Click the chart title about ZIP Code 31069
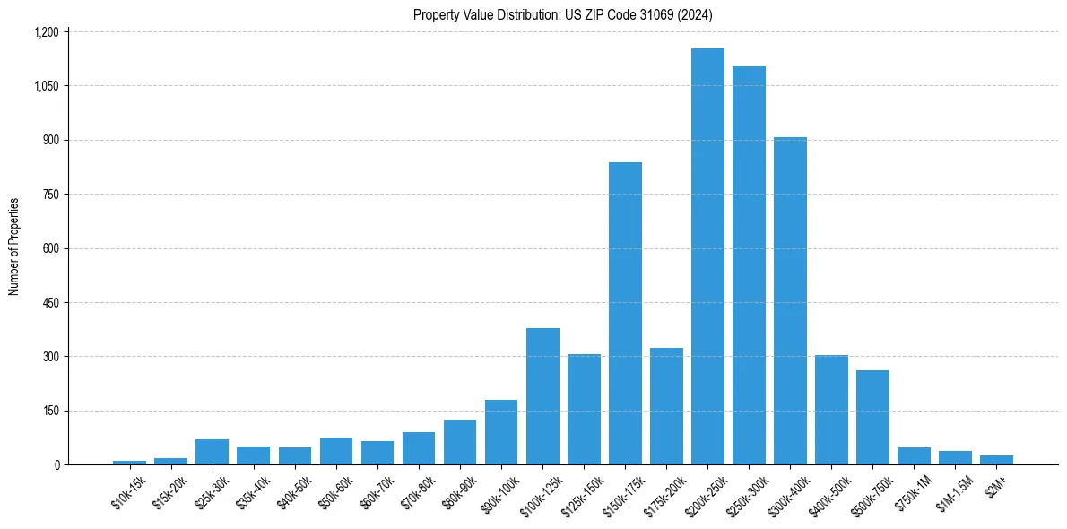pyautogui.click(x=563, y=14)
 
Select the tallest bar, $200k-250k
pyautogui.click(x=707, y=256)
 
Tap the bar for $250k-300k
pyautogui.click(x=749, y=265)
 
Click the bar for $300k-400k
pyautogui.click(x=790, y=301)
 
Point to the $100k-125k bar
pyautogui.click(x=542, y=396)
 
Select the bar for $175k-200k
pyautogui.click(x=666, y=406)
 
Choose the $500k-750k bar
pyautogui.click(x=872, y=417)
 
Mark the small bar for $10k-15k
pyautogui.click(x=129, y=462)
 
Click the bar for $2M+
pyautogui.click(x=996, y=460)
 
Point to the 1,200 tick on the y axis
pyautogui.click(x=46, y=32)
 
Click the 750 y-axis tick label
pyautogui.click(x=50, y=195)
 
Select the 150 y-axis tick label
pyautogui.click(x=50, y=411)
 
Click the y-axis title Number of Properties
pyautogui.click(x=14, y=247)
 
